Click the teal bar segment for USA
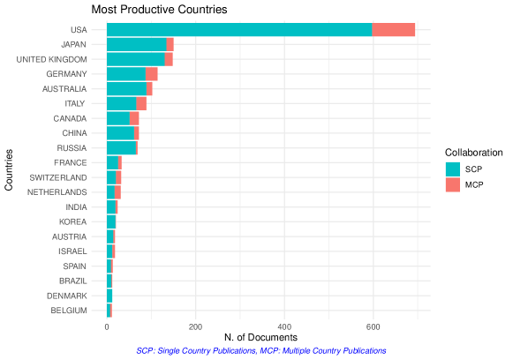(238, 30)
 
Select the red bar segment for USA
(394, 30)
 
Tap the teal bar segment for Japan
(136, 44)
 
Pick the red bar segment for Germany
(152, 74)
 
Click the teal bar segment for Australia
(126, 89)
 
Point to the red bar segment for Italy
(141, 103)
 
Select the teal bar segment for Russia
(121, 148)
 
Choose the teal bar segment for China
(120, 133)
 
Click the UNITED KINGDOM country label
(51, 59)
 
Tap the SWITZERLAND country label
(58, 177)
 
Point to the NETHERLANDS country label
(57, 192)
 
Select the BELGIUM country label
(69, 311)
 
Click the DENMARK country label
(67, 296)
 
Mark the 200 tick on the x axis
(195, 325)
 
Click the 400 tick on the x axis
(284, 325)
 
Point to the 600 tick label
(373, 325)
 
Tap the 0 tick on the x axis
(107, 325)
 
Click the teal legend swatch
(452, 169)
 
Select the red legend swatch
(452, 184)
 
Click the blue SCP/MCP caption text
(261, 350)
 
